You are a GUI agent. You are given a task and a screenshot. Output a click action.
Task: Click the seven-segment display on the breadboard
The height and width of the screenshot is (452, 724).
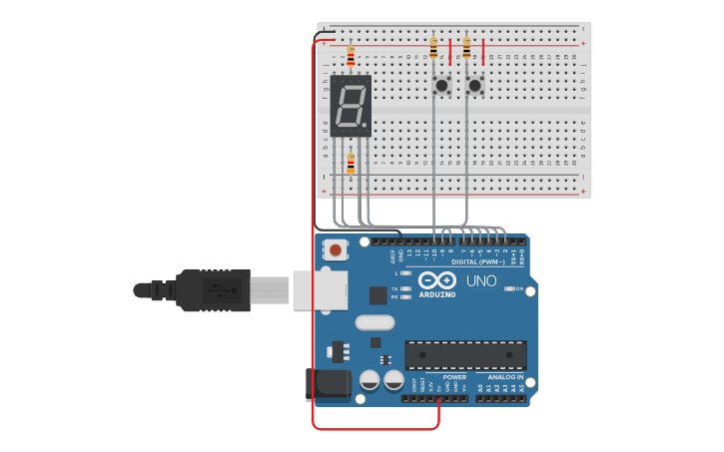351,106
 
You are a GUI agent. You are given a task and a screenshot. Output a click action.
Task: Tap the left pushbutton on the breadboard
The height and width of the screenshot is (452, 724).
440,86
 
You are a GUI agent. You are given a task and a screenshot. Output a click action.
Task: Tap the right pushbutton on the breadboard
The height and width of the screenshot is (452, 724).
474,86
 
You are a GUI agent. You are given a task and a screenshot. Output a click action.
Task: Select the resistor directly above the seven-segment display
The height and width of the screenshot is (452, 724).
351,55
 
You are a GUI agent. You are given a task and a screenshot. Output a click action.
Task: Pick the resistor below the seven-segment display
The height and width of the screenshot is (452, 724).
351,162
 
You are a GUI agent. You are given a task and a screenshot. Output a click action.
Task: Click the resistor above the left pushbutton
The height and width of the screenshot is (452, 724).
433,47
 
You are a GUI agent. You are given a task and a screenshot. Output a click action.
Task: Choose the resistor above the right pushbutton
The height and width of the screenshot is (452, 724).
466,47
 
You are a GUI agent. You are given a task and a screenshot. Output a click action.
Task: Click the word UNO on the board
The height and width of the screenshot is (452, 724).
482,280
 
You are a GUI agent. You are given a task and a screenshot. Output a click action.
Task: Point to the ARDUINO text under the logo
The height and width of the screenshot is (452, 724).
437,295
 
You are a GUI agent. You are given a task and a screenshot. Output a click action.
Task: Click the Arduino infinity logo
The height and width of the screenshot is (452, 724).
437,280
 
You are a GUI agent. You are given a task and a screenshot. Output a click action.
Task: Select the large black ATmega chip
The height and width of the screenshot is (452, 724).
465,354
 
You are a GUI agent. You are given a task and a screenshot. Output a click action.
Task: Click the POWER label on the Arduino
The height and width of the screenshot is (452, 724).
454,377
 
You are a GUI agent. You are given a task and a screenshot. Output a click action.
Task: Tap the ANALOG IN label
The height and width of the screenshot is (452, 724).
505,377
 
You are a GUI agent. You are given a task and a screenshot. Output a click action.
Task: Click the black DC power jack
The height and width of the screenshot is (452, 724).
328,385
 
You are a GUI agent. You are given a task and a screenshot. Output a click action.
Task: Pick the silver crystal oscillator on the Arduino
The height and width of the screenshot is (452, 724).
374,322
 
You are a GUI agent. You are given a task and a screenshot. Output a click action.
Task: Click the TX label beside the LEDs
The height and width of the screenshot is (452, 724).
395,288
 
